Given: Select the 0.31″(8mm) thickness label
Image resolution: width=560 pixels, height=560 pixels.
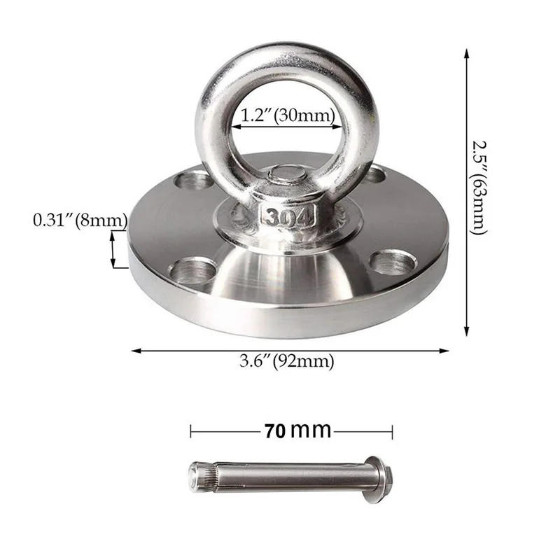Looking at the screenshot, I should tap(79, 220).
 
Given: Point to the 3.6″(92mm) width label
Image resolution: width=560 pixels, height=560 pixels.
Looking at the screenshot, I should tap(287, 362).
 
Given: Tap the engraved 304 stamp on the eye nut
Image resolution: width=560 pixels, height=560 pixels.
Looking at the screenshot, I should tap(286, 217).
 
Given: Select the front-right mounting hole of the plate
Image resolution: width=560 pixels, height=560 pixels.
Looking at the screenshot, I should tap(392, 262).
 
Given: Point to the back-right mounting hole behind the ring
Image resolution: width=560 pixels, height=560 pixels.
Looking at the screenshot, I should tap(374, 174).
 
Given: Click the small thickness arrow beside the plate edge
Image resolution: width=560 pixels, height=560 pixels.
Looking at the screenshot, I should tap(113, 250).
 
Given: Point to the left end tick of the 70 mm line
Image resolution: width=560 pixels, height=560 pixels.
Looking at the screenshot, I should tap(190, 431).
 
